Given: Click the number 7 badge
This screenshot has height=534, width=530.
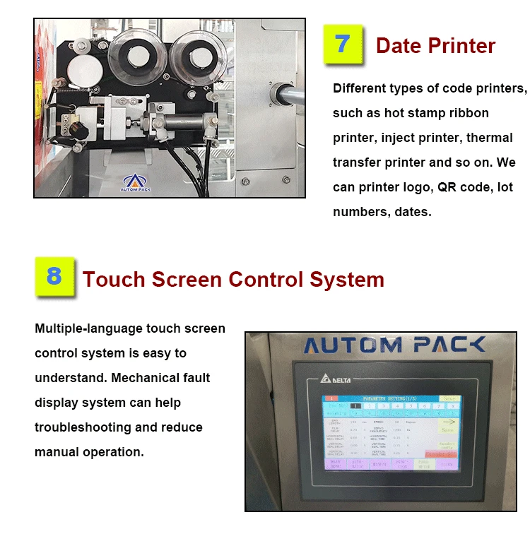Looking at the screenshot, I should pyautogui.click(x=343, y=44).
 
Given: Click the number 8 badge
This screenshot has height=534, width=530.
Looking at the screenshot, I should pyautogui.click(x=54, y=277).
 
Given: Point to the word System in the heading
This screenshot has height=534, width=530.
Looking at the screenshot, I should pyautogui.click(x=347, y=279).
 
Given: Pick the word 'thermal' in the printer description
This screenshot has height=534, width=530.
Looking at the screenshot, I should pyautogui.click(x=490, y=138).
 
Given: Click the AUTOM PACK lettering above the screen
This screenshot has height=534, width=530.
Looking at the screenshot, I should pyautogui.click(x=394, y=345).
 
